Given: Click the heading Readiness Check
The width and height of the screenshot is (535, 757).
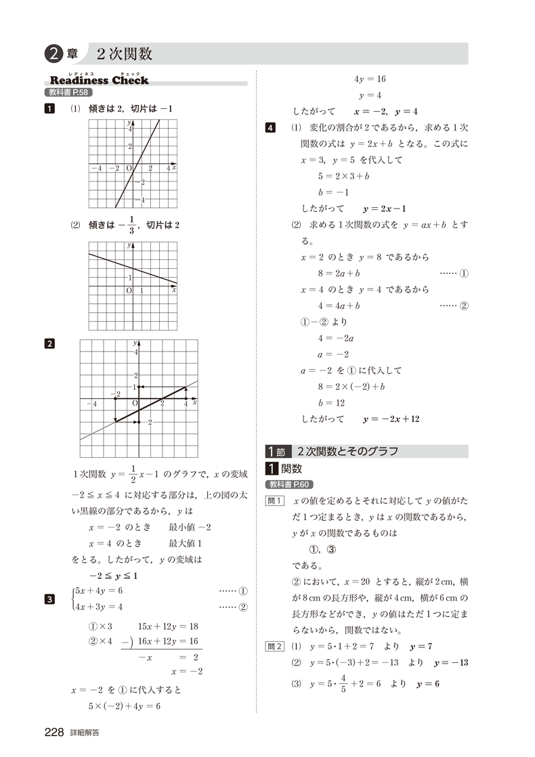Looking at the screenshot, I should coord(99,81).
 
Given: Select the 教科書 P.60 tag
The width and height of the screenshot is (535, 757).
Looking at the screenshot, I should coord(290,484).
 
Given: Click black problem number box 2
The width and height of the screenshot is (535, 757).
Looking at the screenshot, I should coord(49,343).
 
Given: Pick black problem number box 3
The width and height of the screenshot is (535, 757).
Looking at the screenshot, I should coord(49,598).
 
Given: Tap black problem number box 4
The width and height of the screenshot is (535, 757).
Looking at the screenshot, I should coord(271,128).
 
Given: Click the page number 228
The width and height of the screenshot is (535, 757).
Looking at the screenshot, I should coord(54,732).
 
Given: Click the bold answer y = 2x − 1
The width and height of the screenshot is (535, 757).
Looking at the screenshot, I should coord(389,209).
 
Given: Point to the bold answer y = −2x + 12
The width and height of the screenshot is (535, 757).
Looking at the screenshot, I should coord(391,419).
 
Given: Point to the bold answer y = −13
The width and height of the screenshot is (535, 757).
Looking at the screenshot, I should coord(451,662).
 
